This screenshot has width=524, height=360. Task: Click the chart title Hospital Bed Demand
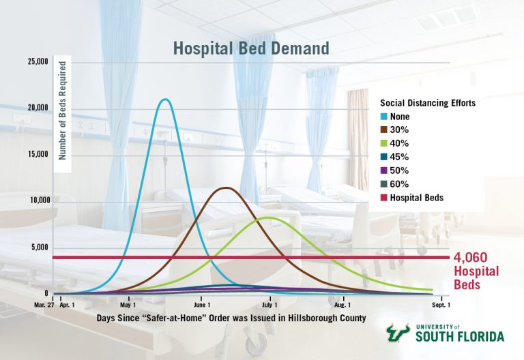pos(251,48)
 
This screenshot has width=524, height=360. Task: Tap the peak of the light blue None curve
pos(164,100)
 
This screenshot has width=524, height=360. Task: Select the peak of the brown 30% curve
pos(225,187)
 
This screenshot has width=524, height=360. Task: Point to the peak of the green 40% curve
pos(267,217)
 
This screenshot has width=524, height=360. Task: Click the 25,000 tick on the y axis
pos(37,62)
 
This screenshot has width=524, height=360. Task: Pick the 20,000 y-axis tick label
pos(37,108)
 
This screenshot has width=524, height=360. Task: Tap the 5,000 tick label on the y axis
pos(39,247)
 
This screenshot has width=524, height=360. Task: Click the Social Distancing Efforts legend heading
pos(427,104)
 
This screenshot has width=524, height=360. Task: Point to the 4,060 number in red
pos(471,258)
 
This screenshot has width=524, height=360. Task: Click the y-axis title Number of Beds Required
pos(61,110)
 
